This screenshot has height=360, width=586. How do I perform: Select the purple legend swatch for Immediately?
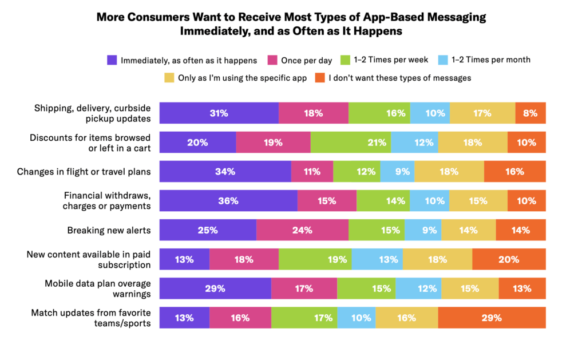pos(112,60)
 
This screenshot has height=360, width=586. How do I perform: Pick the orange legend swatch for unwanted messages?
pos(320,77)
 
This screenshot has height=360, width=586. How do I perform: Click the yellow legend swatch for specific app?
pos(169,77)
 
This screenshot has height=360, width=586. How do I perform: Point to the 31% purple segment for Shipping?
pos(219,113)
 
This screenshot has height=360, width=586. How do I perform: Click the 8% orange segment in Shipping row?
pos(530,113)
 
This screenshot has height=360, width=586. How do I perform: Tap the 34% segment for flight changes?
pos(225,172)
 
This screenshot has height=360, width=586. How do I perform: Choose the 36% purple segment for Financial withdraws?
pos(228,201)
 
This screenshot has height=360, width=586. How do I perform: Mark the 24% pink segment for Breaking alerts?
pos(302,230)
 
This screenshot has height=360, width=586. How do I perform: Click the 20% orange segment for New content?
pos(509,259)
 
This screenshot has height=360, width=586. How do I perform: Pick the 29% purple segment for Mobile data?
pos(215,288)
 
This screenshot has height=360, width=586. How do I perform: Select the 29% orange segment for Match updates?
pos(492,318)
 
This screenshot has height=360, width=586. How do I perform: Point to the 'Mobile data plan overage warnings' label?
pos(97,288)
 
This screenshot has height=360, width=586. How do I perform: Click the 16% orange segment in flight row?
pos(514,172)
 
